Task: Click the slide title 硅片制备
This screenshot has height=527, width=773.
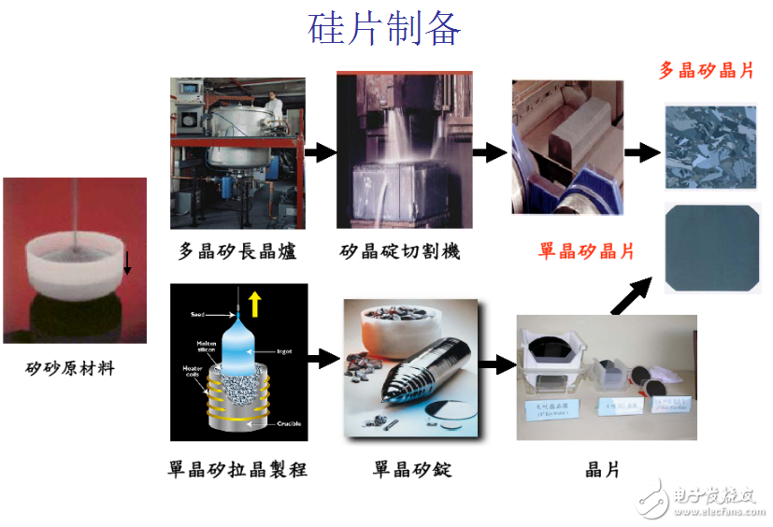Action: point(384,29)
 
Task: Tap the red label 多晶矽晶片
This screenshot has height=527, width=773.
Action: point(706,70)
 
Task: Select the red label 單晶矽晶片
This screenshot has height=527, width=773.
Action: point(586,251)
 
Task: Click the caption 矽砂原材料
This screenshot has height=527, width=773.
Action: point(70,368)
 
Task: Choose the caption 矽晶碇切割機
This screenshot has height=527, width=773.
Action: point(399,251)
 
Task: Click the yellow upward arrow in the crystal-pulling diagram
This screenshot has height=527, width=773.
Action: point(255,302)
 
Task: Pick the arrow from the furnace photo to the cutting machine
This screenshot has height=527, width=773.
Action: point(320,152)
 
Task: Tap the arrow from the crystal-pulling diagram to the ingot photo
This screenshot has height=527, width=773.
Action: point(322,357)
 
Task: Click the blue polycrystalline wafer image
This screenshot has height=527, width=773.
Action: point(709,147)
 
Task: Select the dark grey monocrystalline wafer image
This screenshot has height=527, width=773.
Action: point(709,249)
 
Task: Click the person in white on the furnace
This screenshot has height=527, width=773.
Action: point(274,108)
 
